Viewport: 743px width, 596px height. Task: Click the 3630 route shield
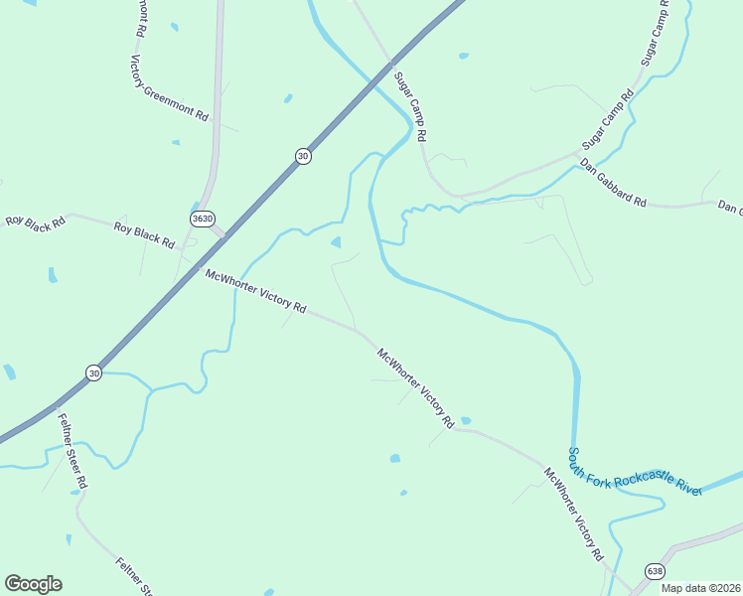point(201,218)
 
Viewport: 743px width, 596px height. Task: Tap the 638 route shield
point(654,571)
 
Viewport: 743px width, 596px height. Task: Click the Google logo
point(33,584)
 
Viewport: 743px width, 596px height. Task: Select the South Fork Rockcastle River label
point(635,472)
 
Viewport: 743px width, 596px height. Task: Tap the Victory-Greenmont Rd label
point(168,87)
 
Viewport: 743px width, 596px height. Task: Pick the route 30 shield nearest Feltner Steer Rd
point(93,372)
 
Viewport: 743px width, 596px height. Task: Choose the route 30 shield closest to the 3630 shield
point(302,156)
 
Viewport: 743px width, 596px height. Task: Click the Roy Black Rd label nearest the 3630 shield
point(144,235)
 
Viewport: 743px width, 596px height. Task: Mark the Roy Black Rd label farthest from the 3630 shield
point(35,221)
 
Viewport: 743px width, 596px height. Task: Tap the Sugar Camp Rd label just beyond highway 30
point(409,104)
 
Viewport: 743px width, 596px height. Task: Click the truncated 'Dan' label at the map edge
point(730,208)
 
